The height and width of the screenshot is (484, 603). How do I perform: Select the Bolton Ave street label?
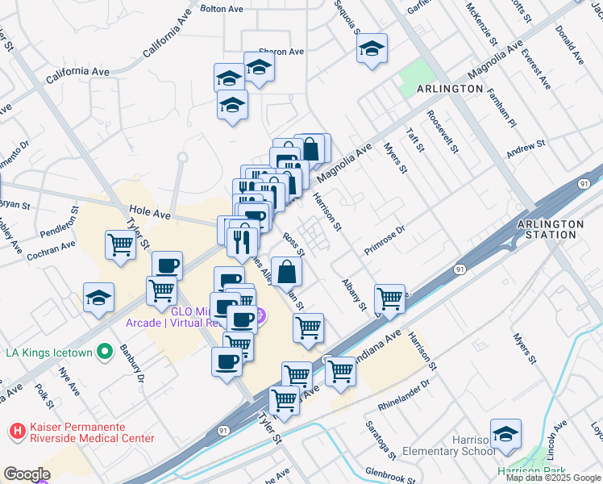pyautogui.click(x=221, y=9)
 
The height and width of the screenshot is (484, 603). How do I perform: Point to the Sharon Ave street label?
pyautogui.click(x=281, y=52)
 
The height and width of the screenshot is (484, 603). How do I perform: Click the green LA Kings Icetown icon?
pyautogui.click(x=104, y=352)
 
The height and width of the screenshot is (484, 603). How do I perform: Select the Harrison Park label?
pyautogui.click(x=532, y=471)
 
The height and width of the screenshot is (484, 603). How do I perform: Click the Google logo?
pyautogui.click(x=27, y=474)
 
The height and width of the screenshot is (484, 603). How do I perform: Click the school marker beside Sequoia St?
pyautogui.click(x=372, y=48)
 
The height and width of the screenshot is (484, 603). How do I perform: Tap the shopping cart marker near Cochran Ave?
pyautogui.click(x=120, y=244)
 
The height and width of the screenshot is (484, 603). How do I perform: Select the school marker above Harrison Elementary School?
pyautogui.click(x=505, y=433)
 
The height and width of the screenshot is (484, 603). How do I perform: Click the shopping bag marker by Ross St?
pyautogui.click(x=287, y=272)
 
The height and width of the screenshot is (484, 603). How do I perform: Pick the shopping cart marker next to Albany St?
pyautogui.click(x=389, y=298)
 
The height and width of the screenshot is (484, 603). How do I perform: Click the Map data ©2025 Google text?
pyautogui.click(x=553, y=478)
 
